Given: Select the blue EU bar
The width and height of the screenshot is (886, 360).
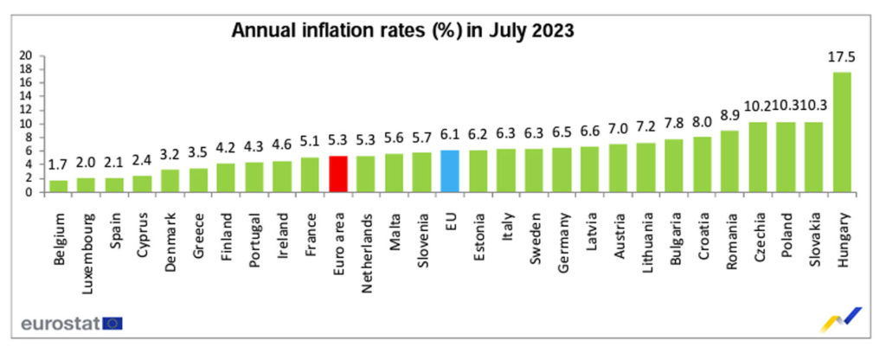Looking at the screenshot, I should pos(450,171).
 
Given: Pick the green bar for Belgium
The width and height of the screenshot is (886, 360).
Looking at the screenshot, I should pos(60,186).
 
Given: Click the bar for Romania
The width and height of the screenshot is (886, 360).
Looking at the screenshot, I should pos(729,162).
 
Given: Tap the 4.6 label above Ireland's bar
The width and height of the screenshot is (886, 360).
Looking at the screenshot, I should pos(282,146).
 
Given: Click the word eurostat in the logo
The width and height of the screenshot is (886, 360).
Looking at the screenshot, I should pos(59,324).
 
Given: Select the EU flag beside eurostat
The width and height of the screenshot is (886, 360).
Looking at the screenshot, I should pos(112,324).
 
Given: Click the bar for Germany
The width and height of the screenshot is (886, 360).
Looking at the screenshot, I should pos(562,170).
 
